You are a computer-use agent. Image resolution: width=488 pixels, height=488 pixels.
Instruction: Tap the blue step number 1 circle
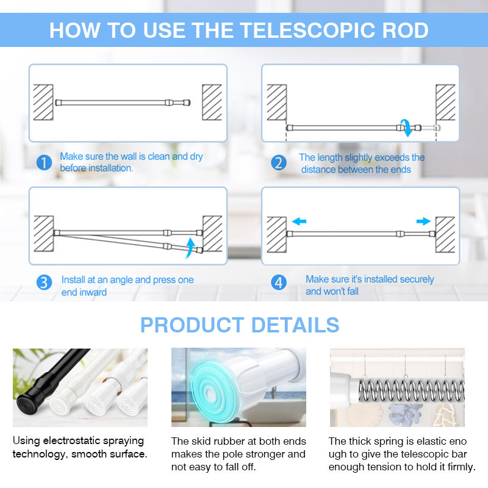pos(44,162)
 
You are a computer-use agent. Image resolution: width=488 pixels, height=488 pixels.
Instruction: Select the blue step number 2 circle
pos(279,162)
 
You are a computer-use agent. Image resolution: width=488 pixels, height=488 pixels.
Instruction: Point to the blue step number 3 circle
pos(44,282)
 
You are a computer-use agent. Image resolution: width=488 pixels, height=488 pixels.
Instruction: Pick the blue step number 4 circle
pos(279,282)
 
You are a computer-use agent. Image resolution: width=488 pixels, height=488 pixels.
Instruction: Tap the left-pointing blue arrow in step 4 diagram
pos(299,221)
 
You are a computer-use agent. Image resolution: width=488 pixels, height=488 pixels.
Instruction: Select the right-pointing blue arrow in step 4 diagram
pos(423,221)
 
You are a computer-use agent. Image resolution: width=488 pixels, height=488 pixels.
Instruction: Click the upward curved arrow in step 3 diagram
pos(190,248)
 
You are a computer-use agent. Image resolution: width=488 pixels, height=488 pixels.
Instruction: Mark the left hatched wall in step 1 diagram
pos(43,102)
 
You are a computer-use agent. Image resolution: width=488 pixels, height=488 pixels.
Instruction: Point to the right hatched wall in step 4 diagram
pos(445,235)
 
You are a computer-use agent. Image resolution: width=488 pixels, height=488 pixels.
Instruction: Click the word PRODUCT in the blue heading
pos(192,325)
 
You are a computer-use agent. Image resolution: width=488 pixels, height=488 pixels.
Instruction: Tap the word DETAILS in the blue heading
pos(295,325)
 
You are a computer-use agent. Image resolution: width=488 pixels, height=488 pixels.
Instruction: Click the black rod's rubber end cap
pos(28,404)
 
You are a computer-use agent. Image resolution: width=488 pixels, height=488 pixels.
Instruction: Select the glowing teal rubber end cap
pos(212,393)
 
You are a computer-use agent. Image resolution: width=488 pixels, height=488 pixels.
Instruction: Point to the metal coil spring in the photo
pos(411,390)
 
